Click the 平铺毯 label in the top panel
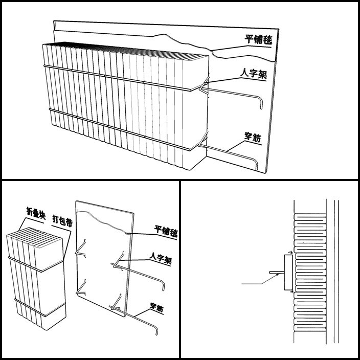point(258,39)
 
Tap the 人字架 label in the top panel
point(254,74)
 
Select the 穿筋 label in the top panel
point(253,137)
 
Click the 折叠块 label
point(36,213)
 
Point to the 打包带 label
point(62,220)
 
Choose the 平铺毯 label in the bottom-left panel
point(166,231)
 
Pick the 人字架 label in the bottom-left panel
point(161,258)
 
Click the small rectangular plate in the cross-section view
point(288,272)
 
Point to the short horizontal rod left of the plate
point(277,273)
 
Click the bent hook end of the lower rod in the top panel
point(256,164)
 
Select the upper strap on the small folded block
point(36,264)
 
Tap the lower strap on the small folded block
point(40,308)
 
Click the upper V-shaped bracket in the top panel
point(205,85)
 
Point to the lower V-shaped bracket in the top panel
point(203,140)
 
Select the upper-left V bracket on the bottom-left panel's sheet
point(81,249)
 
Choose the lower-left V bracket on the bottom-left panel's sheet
point(81,287)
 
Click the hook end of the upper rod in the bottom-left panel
point(163,286)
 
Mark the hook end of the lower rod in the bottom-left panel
point(156,330)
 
